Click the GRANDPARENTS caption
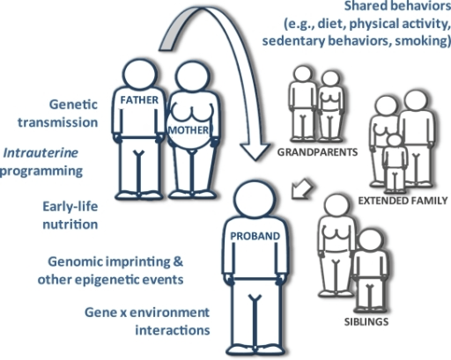310,151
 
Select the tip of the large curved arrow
259,157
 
